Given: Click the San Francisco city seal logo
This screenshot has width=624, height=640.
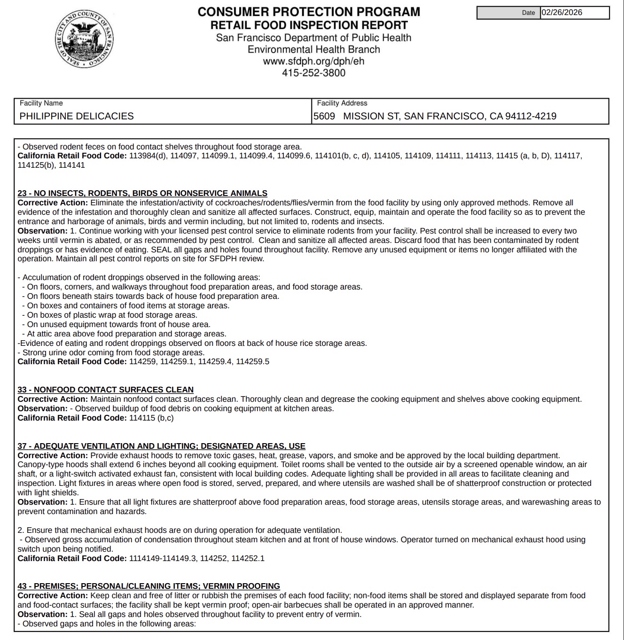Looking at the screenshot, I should [x=84, y=39].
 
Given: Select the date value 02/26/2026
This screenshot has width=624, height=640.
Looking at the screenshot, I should [x=562, y=13].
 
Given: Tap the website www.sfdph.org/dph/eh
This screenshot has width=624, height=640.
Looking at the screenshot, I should [x=313, y=61].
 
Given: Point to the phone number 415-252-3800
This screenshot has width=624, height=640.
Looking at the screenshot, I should [x=313, y=73].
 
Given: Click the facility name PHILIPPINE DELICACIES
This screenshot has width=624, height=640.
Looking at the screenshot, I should [x=77, y=116].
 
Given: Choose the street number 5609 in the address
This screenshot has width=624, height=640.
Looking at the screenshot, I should [x=324, y=116].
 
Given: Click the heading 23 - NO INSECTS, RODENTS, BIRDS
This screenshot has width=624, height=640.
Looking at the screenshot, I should [x=142, y=193].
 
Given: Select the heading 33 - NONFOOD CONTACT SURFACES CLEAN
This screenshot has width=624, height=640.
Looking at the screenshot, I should [x=106, y=390].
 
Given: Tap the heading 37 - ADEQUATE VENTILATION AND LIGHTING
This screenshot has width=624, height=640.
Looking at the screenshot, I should [x=161, y=446].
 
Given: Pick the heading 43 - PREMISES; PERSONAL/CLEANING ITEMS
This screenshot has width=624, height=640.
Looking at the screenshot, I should [x=148, y=586].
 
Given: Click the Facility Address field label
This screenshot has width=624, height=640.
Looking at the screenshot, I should [x=342, y=103].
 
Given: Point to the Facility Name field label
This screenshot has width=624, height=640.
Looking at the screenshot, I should [x=41, y=103].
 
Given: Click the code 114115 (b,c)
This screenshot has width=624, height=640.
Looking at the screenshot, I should [x=151, y=418].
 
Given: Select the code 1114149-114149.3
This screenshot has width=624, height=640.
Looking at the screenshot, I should [x=163, y=558].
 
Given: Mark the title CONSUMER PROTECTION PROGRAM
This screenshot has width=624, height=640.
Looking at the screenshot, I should [x=309, y=12].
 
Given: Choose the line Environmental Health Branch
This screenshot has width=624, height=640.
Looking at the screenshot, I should [x=313, y=49].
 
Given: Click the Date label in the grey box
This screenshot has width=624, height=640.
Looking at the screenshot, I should [x=528, y=13].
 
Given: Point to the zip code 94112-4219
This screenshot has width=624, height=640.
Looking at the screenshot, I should [x=530, y=116].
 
